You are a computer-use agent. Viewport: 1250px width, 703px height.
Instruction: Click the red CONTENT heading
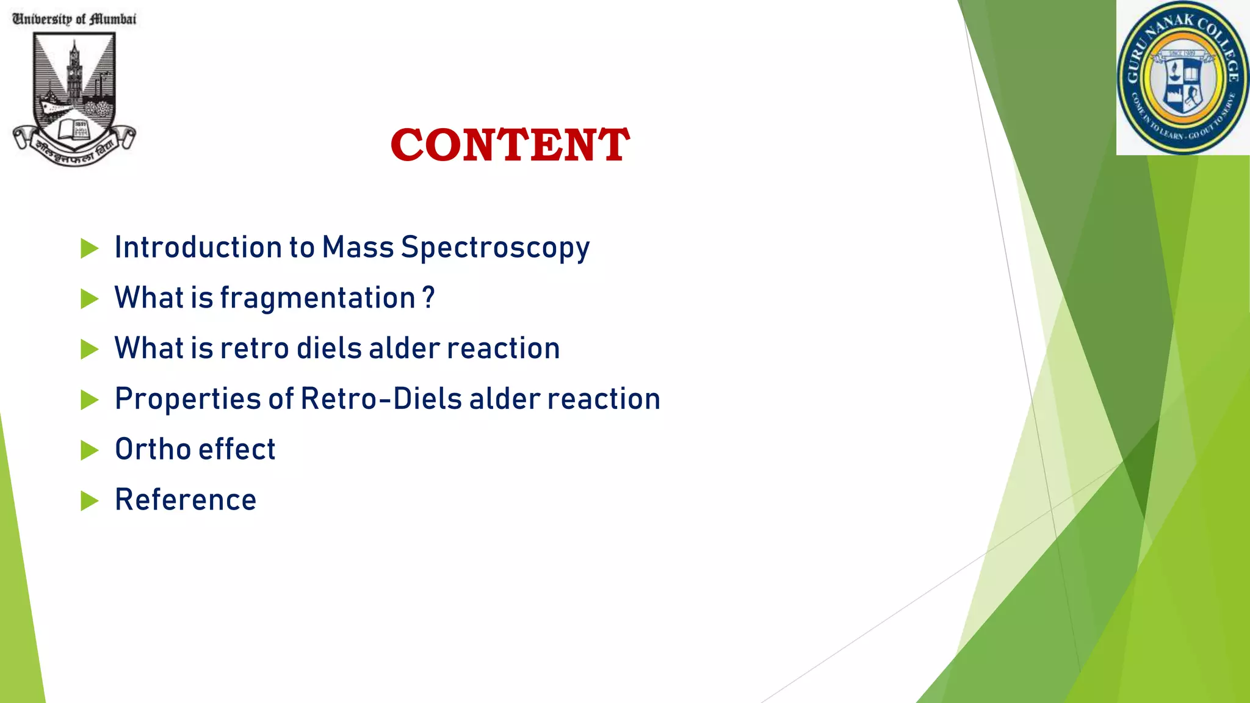[510, 145]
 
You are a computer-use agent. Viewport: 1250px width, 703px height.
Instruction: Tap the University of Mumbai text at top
[74, 19]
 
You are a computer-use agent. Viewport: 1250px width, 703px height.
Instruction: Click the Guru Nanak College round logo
[1183, 78]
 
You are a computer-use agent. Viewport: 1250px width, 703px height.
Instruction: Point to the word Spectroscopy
[495, 248]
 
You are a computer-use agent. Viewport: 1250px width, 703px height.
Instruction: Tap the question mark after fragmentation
[429, 298]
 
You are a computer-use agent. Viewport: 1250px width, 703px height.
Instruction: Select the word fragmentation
[317, 299]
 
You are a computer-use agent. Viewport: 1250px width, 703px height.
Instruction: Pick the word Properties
[189, 400]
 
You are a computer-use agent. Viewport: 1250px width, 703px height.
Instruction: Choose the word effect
[237, 449]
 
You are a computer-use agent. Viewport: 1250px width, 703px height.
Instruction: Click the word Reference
[186, 500]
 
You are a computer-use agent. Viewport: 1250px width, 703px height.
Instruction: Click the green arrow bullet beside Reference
[89, 501]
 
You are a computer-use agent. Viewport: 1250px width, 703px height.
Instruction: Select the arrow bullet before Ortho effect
[89, 450]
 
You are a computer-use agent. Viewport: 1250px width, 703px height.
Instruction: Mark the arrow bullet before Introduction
[89, 248]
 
